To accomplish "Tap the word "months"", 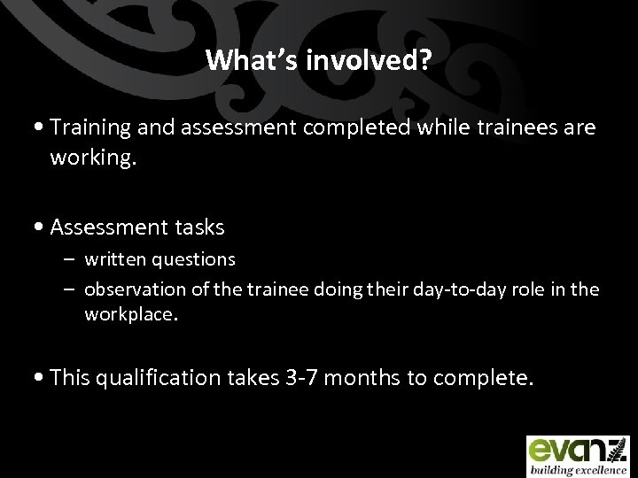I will [x=365, y=379].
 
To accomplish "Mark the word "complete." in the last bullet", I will [x=481, y=379].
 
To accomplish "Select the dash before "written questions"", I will [x=71, y=259].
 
